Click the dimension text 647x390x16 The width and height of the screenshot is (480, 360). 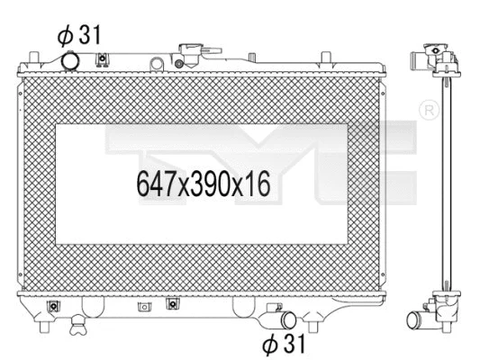(x=204, y=185)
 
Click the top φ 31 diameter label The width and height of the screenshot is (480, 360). (x=80, y=36)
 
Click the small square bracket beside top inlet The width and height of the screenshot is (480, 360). (x=103, y=61)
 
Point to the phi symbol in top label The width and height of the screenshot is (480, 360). (x=64, y=37)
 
